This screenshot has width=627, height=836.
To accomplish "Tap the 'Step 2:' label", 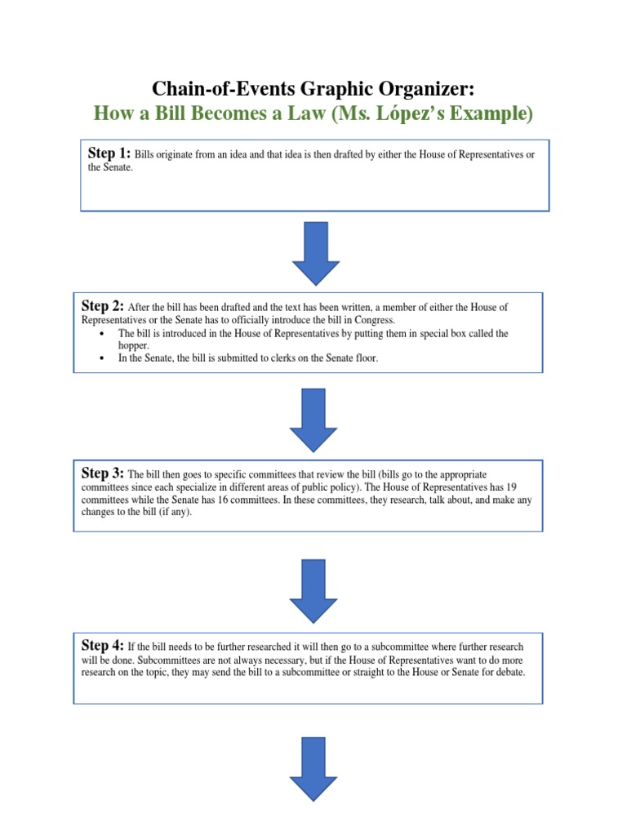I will [103, 306].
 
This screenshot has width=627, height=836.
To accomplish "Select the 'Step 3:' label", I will [103, 473].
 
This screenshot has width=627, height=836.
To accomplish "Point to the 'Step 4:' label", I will [103, 644].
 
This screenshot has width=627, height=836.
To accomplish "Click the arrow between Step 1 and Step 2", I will [315, 252].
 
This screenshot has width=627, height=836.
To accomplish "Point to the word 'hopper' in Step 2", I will [134, 345].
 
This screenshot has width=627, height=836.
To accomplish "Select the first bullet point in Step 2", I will [100, 334].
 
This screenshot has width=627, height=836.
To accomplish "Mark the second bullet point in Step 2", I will [100, 358].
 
